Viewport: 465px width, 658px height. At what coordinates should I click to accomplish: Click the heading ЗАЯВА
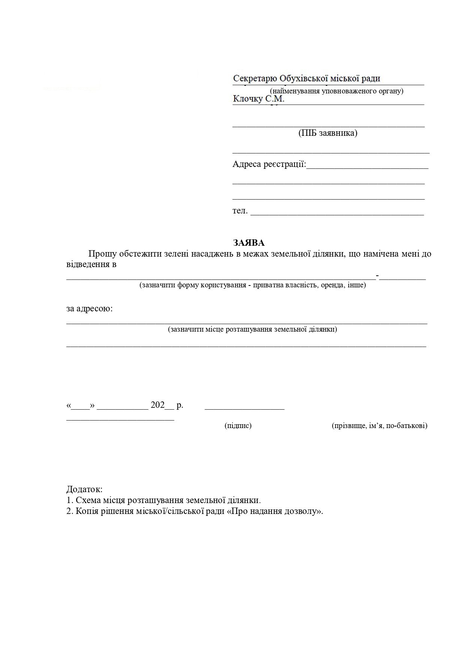[249, 242]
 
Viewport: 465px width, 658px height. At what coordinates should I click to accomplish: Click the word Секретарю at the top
[255, 79]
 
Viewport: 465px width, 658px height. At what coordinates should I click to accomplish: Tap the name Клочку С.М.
[259, 99]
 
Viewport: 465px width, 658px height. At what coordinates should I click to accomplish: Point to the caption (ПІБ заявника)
[328, 133]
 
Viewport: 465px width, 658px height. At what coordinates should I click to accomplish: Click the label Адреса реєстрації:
[269, 164]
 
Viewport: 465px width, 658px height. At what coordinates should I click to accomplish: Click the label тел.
[240, 211]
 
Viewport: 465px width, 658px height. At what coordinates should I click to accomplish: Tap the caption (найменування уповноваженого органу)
[336, 91]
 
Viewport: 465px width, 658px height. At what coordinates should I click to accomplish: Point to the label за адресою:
[90, 309]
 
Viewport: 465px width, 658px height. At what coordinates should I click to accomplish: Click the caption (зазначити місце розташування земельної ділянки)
[252, 329]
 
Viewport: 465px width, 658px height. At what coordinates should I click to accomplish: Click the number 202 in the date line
[157, 405]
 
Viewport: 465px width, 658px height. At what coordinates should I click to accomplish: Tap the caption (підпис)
[238, 425]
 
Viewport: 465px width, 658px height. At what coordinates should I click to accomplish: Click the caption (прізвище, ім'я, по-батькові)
[379, 425]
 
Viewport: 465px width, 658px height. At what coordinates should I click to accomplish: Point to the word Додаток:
[84, 489]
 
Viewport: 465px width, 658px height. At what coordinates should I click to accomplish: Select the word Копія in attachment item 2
[88, 511]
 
